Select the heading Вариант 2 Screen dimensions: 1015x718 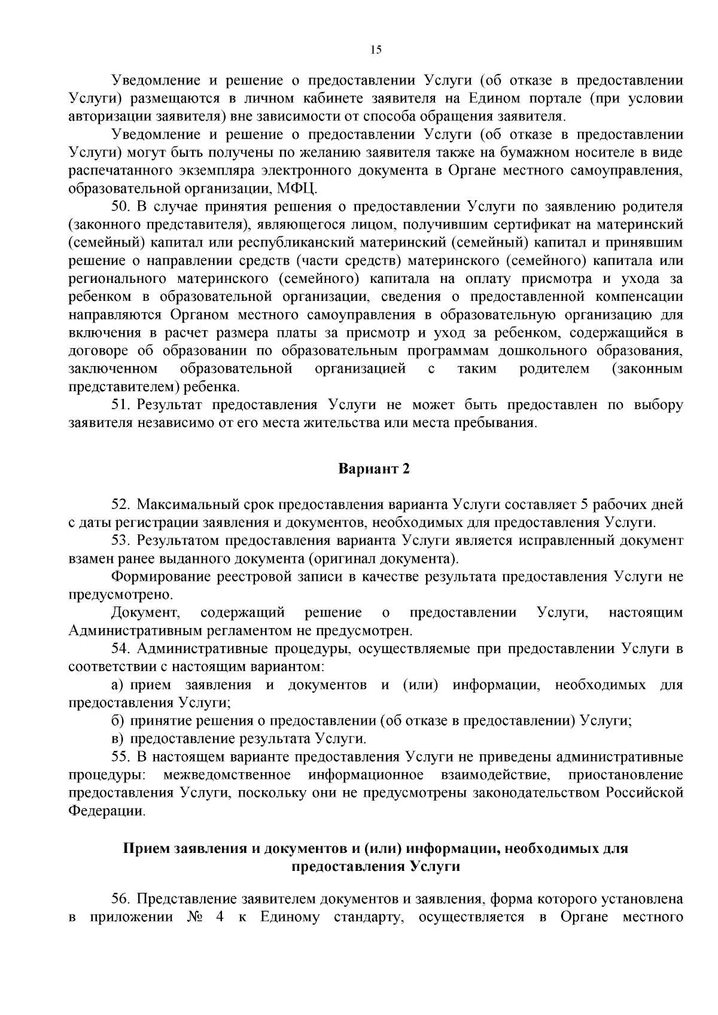[375, 468]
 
